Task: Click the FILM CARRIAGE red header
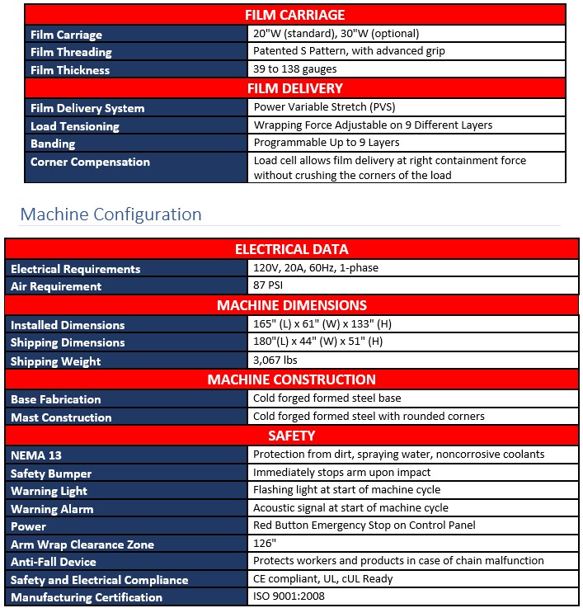pos(294,15)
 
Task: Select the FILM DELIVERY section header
pos(294,88)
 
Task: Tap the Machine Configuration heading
pos(110,214)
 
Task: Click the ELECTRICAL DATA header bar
pos(291,249)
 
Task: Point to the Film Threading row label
pos(71,52)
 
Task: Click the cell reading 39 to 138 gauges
pos(295,70)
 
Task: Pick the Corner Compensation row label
pos(90,162)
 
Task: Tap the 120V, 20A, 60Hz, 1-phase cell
pos(316,269)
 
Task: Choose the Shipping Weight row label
pos(56,361)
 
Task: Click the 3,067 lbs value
pos(275,361)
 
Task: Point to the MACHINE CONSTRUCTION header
pos(291,379)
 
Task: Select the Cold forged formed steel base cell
pos(327,398)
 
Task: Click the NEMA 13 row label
pos(36,455)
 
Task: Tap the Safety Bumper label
pos(51,474)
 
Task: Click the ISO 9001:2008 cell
pos(289,597)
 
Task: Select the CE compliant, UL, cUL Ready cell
pos(322,579)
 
